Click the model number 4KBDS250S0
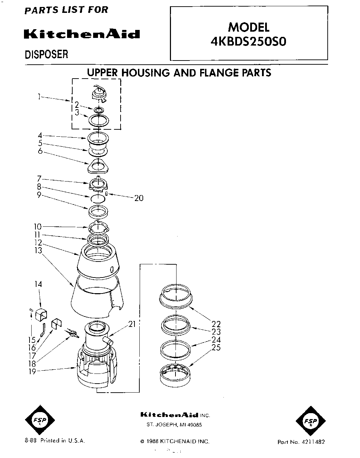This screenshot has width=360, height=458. (249, 41)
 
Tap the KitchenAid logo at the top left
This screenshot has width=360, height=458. (82, 34)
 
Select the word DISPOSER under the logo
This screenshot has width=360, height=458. (46, 55)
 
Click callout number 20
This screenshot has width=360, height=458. (139, 198)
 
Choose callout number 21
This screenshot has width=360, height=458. (132, 324)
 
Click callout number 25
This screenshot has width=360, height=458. (216, 347)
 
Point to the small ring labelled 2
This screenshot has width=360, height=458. (99, 110)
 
